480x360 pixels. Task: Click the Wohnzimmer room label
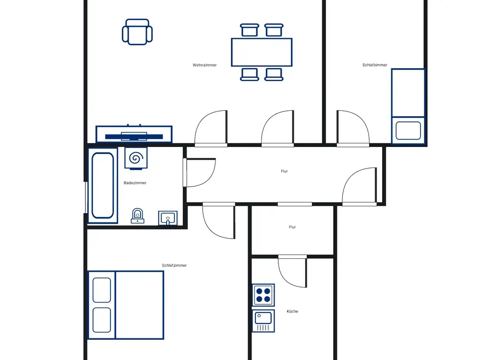pos(204,65)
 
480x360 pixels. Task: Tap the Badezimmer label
pos(135,183)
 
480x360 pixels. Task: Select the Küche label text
pos(292,312)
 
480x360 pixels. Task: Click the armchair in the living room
pos(137,32)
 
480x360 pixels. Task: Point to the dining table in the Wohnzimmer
pos(262,52)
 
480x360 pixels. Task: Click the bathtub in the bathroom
pos(103,185)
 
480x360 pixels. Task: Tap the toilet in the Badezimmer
pos(137,216)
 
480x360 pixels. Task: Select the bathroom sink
pos(168,218)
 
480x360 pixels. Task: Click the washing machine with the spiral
pos(136,158)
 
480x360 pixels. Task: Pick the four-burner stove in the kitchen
pos(263,295)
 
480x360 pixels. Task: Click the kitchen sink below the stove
pos(263,321)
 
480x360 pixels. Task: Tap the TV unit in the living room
pos(134,134)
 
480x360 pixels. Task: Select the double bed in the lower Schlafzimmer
pos(126,305)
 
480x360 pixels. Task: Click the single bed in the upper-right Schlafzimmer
pos(408,106)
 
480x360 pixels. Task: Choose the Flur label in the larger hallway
pos(284,171)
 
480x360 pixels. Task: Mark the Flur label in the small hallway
pos(292,227)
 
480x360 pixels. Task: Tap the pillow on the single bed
pos(408,131)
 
